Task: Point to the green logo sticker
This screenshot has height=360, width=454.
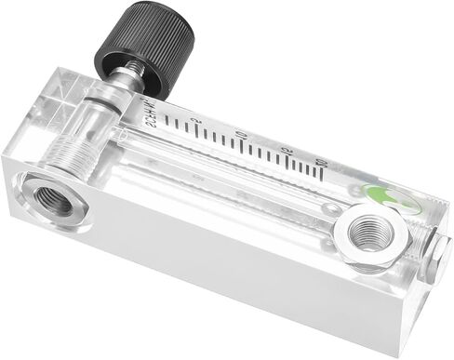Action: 381,195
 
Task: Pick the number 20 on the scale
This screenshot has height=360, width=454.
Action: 321,163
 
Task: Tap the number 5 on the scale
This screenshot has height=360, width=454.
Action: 194,123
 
